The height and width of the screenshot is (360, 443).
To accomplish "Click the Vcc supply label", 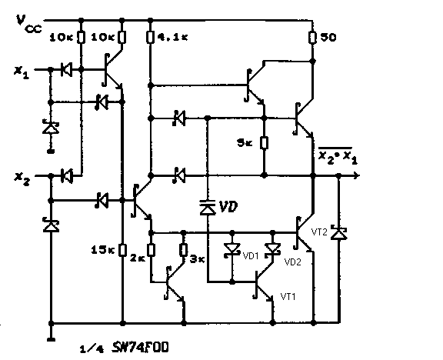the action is click(28, 24).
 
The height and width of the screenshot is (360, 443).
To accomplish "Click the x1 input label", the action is click(22, 72).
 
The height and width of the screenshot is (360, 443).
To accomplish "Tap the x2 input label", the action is click(22, 178).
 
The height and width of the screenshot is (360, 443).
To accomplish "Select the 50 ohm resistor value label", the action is click(328, 37).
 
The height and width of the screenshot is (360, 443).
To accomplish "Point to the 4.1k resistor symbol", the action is click(150, 37).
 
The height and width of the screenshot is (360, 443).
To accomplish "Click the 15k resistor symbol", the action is click(122, 250).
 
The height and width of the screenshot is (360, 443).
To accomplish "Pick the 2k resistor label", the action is click(138, 258).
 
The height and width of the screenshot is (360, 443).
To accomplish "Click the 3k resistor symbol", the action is click(183, 250).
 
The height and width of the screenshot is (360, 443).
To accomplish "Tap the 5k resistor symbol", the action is click(264, 143).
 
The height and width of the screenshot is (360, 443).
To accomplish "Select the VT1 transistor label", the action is click(288, 297).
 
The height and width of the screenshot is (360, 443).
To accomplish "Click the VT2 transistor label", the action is click(319, 232).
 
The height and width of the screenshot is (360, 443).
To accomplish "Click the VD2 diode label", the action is click(293, 262).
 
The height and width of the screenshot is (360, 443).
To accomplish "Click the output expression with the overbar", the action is click(338, 155).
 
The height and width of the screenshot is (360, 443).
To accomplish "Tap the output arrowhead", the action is click(357, 175).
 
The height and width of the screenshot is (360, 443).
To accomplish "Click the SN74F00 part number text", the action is click(141, 347).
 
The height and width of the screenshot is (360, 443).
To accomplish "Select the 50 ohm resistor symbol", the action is click(312, 37).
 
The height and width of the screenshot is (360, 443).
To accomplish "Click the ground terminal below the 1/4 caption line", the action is click(51, 338).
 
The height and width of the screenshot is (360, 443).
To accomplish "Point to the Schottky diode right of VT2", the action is click(338, 233).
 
